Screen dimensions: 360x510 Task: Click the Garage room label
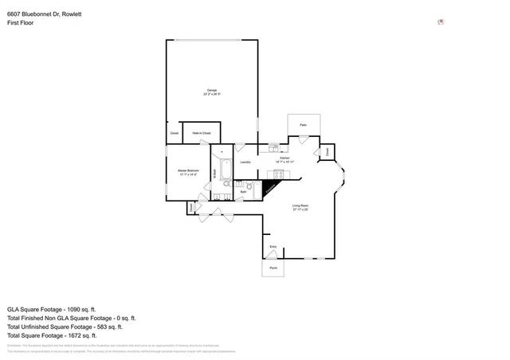[x=212, y=90]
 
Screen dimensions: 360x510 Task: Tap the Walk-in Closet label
[x=201, y=133]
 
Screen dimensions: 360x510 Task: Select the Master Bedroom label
[x=187, y=170]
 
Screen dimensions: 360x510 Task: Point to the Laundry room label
[x=245, y=162]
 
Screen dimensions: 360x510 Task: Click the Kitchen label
[x=284, y=158]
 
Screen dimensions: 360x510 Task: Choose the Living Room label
[x=299, y=206]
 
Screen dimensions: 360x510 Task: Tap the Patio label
[x=304, y=125]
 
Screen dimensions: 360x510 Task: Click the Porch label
[x=273, y=268]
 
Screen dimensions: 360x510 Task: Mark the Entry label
[x=273, y=247]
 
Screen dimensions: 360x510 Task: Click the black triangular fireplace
[x=269, y=190]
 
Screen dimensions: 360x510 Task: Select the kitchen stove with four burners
[x=280, y=174]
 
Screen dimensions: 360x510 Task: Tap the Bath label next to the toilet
[x=243, y=192]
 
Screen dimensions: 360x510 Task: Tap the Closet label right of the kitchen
[x=327, y=151]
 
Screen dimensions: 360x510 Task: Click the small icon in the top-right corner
[x=440, y=22]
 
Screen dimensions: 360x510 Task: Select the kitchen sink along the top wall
[x=273, y=147]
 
